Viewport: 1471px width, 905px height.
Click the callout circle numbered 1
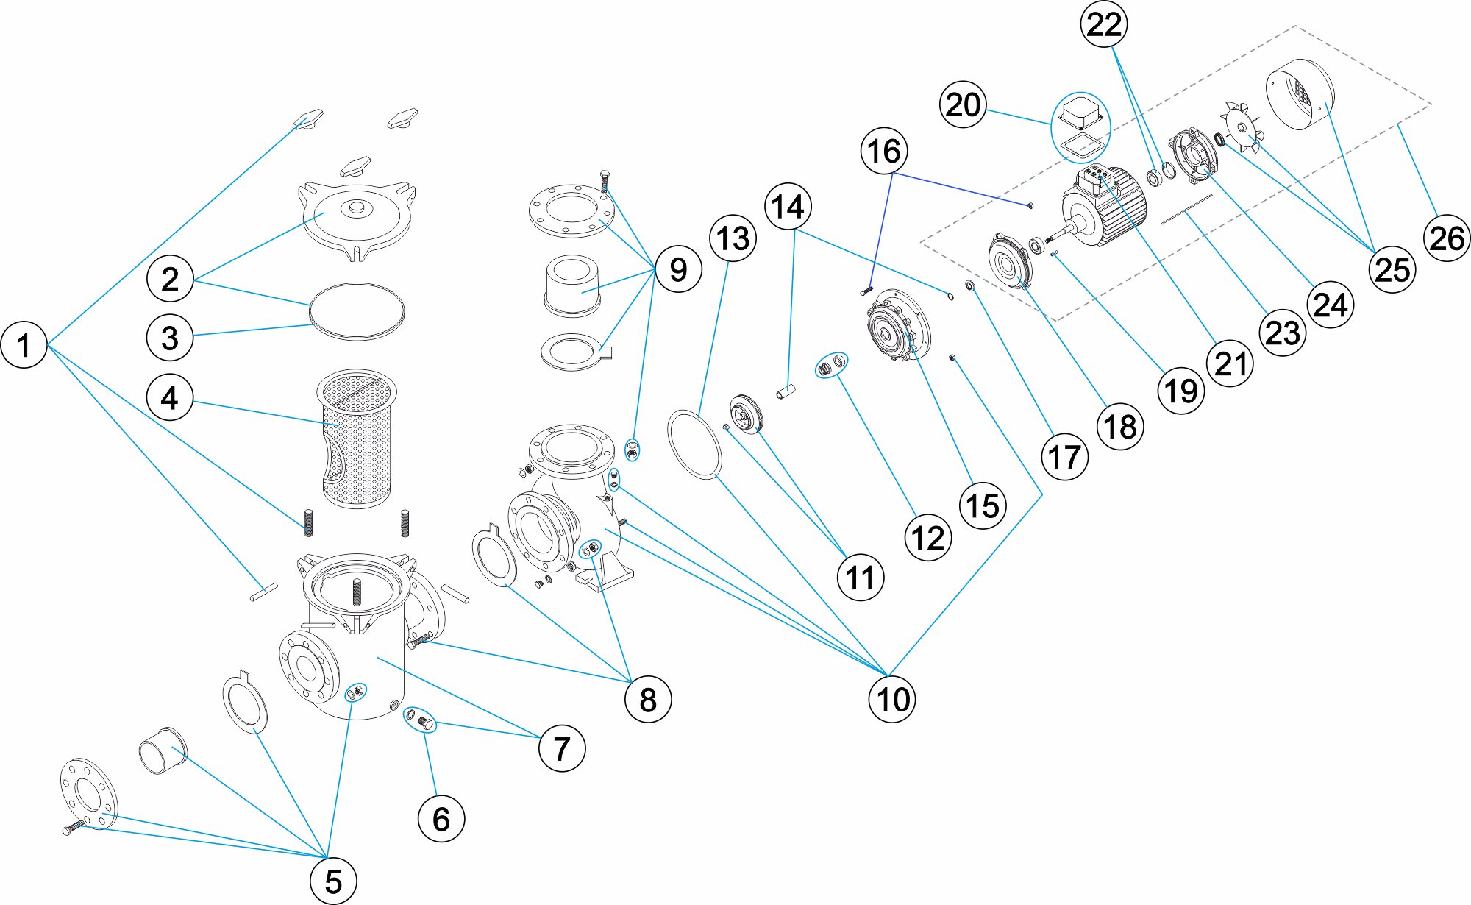(x=24, y=344)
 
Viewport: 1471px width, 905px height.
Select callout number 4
(x=170, y=397)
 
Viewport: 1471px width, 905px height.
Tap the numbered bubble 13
(x=733, y=238)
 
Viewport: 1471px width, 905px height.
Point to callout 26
(x=1447, y=238)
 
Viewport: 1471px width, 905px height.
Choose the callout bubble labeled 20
(x=963, y=104)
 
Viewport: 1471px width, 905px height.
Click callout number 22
(x=1104, y=24)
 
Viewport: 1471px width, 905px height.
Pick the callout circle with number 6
(x=441, y=818)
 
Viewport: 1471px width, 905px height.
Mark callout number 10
(x=892, y=698)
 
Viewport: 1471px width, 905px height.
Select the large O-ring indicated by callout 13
(x=694, y=445)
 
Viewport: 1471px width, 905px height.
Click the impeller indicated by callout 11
(x=747, y=414)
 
